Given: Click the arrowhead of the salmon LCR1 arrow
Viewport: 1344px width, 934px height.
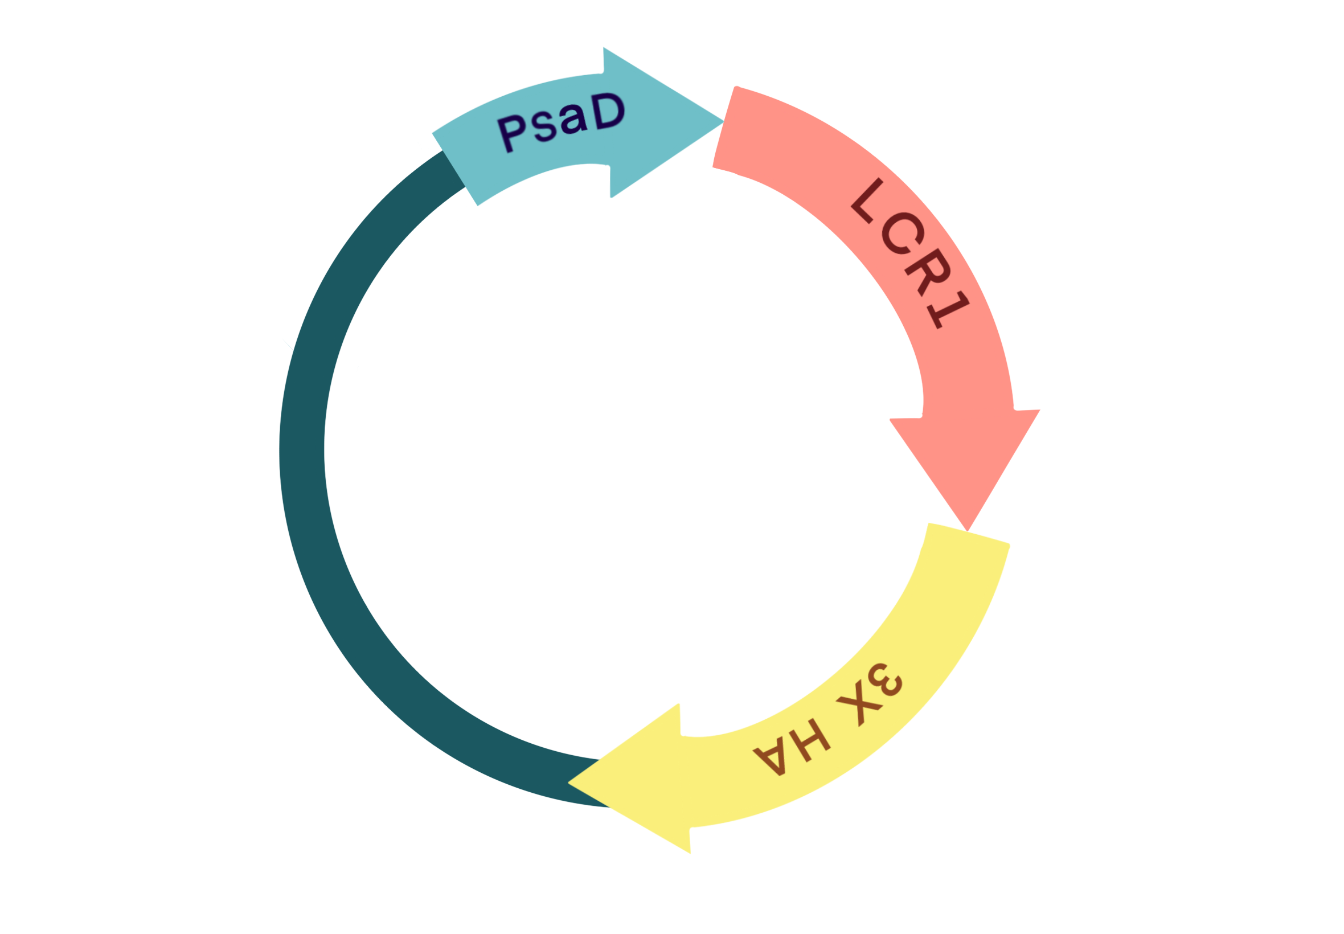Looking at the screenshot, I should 965,462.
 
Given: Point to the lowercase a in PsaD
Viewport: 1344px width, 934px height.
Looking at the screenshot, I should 573,119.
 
